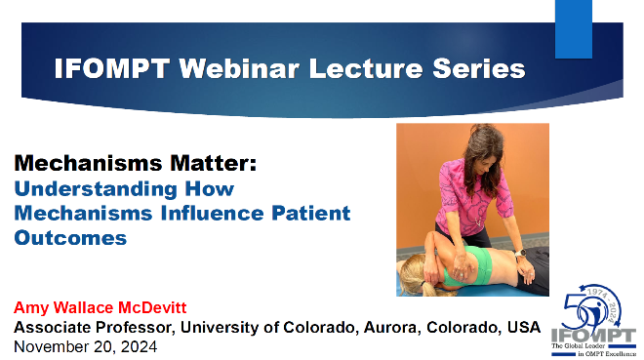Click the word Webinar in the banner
[x=239, y=68]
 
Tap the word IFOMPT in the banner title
[x=111, y=68]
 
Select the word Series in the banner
[x=479, y=68]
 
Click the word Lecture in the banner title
[x=366, y=68]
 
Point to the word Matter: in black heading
[x=214, y=163]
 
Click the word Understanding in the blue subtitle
[x=96, y=189]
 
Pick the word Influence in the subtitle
[x=212, y=213]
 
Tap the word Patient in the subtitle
[x=311, y=213]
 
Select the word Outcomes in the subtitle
[x=70, y=238]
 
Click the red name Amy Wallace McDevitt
[x=101, y=307]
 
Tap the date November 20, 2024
[x=86, y=347]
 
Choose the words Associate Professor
[x=93, y=327]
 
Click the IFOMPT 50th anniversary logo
[x=593, y=320]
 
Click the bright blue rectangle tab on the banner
[x=574, y=28]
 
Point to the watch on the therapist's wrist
[x=520, y=253]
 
